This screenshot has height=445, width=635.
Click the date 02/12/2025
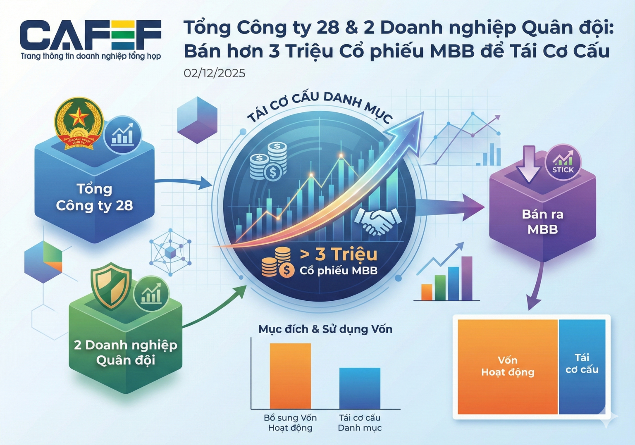point(214,73)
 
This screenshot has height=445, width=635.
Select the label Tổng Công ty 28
point(94,197)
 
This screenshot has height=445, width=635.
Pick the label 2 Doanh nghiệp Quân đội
point(125,352)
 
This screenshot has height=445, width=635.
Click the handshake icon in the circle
point(377,221)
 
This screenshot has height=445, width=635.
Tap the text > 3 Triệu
point(338,254)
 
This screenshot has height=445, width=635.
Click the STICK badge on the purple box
point(563,162)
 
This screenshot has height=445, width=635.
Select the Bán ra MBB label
point(542,221)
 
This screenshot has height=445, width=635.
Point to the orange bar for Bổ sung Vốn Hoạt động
point(290,376)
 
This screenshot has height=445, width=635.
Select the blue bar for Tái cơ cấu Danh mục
point(360,388)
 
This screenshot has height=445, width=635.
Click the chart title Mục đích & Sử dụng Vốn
point(325,329)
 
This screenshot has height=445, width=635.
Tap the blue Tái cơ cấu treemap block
point(582,366)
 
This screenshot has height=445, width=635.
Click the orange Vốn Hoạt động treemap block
point(508,366)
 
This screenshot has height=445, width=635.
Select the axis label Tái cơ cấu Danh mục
point(360,423)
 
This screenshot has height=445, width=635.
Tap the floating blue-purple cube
point(197,119)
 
